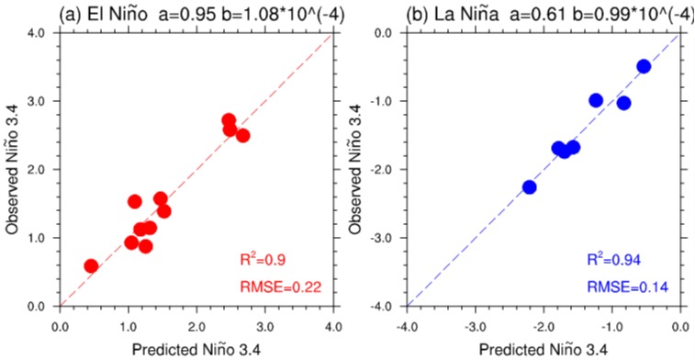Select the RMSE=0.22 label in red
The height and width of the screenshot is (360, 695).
click(x=280, y=287)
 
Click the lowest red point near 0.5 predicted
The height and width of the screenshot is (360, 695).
click(x=91, y=266)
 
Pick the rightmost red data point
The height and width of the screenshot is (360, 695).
click(x=242, y=135)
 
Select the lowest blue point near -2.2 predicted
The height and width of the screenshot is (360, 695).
click(x=529, y=187)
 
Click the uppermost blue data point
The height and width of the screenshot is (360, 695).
click(x=644, y=66)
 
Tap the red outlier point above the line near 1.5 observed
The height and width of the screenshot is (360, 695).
click(x=135, y=201)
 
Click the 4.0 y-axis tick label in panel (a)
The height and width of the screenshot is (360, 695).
click(x=42, y=33)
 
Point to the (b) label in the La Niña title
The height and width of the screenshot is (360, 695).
click(x=418, y=16)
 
